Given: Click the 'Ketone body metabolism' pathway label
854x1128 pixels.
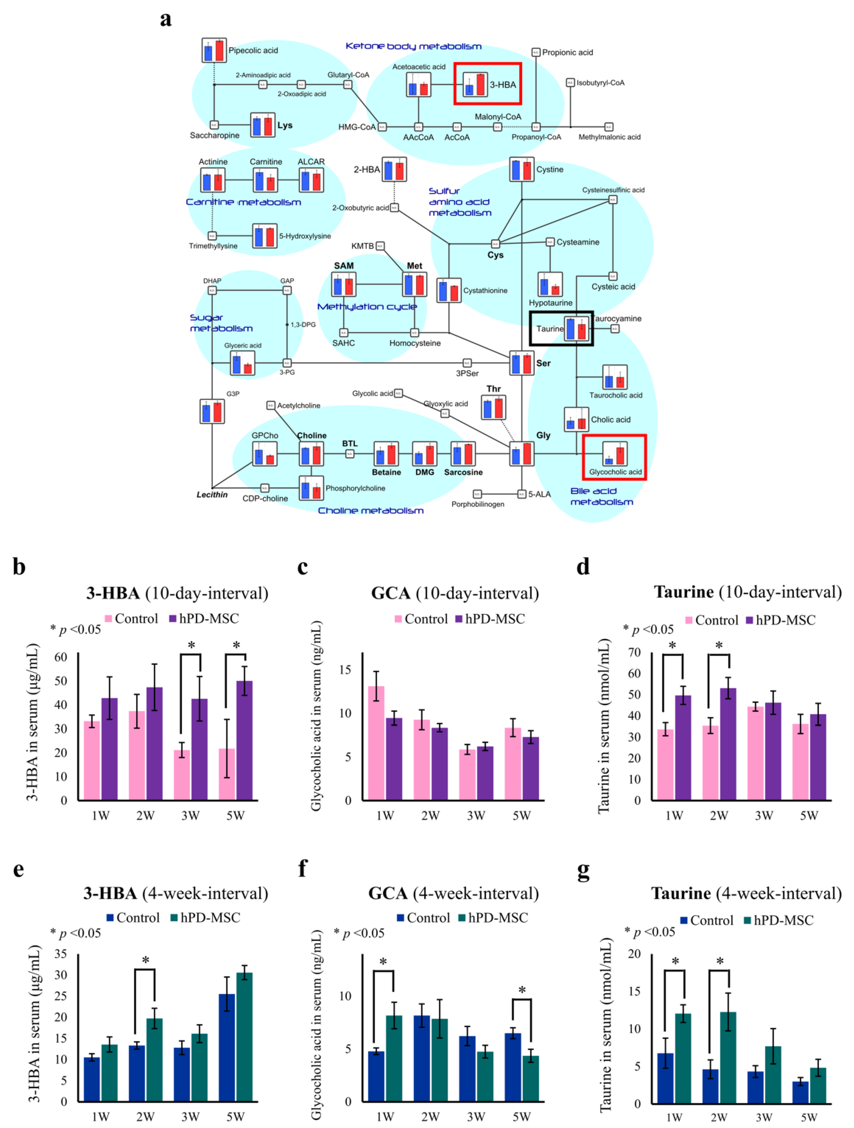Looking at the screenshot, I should click(413, 46).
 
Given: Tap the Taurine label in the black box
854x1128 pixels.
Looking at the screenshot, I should click(549, 329).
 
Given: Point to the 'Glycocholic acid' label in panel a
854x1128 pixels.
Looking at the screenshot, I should click(615, 472).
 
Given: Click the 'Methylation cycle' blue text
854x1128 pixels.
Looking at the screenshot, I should click(367, 306).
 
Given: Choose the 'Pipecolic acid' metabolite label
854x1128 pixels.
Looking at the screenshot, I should click(253, 51).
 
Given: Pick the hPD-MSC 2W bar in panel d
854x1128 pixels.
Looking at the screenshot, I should click(728, 744).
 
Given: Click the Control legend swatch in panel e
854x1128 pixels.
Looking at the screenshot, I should click(110, 917).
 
